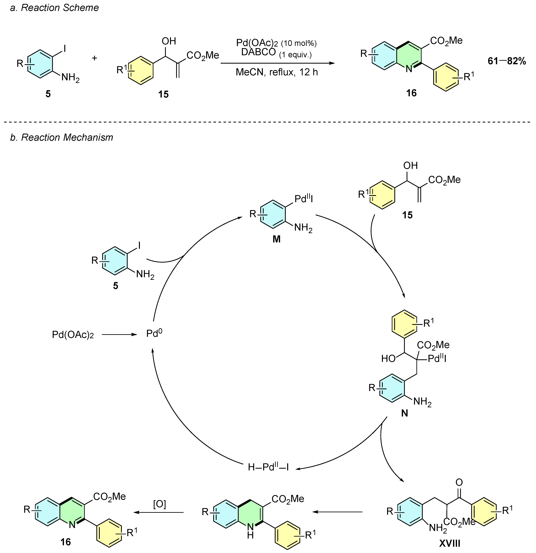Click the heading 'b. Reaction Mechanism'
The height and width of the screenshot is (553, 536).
pyautogui.click(x=62, y=137)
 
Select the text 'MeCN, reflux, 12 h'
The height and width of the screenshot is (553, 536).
pyautogui.click(x=277, y=72)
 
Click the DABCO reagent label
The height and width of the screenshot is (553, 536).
pyautogui.click(x=258, y=52)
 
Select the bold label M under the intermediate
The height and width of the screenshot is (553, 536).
pyautogui.click(x=277, y=239)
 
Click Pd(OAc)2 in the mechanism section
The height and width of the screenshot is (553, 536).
pyautogui.click(x=73, y=335)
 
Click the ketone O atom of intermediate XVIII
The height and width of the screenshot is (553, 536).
pyautogui.click(x=459, y=482)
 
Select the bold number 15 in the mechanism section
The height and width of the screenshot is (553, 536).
pyautogui.click(x=407, y=215)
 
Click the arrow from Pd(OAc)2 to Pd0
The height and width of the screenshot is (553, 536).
pyautogui.click(x=119, y=335)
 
